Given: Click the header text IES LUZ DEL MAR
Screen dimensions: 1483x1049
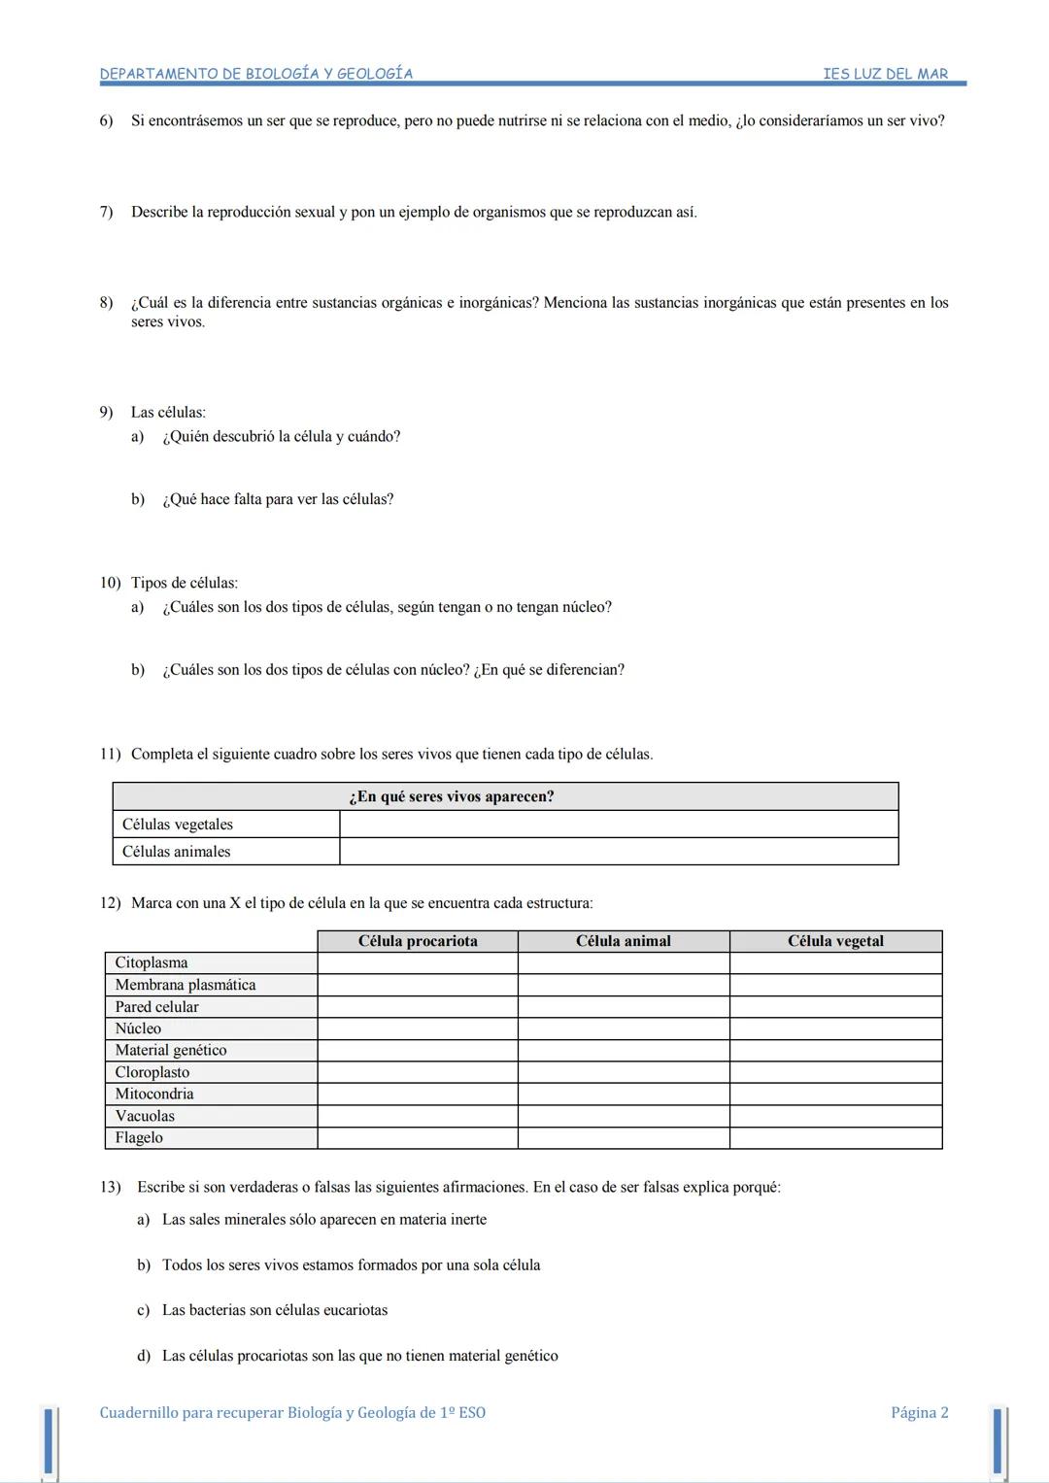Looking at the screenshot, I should pos(885,74).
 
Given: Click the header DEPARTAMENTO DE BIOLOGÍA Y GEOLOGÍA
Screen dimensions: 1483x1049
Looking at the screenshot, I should pos(256,74).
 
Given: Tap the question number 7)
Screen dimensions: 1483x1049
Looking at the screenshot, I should pos(106,212).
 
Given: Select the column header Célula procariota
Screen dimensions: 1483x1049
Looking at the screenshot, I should pos(418,941).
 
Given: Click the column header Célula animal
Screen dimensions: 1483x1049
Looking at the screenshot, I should pos(623,941).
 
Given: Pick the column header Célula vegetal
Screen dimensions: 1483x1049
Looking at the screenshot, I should pos(835,941).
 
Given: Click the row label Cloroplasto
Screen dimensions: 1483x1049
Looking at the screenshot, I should pos(152,1072).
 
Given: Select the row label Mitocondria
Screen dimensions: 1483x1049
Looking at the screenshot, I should pos(154,1094).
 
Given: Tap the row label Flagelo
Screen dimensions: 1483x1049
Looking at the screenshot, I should pos(139,1137).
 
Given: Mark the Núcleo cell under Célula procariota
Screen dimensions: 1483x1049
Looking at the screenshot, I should pos(418,1028).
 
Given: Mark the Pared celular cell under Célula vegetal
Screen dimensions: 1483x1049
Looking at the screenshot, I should pos(835,1007).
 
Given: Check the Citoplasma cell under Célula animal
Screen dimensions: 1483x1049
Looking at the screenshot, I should pos(623,962).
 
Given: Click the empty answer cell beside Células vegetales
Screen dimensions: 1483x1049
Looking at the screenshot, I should pos(619,825).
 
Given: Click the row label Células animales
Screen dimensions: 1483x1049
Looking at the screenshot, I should pos(177,852).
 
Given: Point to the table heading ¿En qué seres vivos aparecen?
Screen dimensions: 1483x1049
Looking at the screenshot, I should pos(452,796).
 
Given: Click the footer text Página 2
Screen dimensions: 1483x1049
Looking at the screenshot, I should pos(919,1413).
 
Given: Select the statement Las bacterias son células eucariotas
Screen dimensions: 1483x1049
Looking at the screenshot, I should pos(275,1310).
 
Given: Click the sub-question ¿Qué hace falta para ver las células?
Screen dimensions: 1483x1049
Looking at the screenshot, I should pos(278,499).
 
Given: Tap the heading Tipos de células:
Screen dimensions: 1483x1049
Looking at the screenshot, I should pos(185,583).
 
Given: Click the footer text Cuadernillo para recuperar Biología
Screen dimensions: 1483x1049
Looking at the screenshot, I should pos(291,1413).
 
